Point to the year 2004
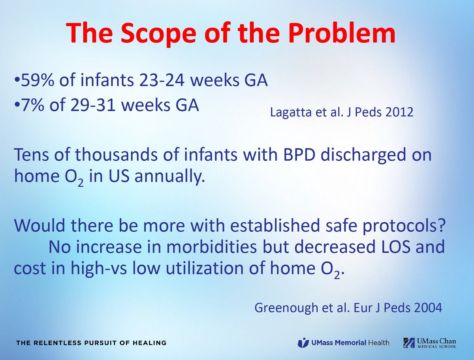tap(426, 308)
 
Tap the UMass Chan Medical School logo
tap(430, 342)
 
